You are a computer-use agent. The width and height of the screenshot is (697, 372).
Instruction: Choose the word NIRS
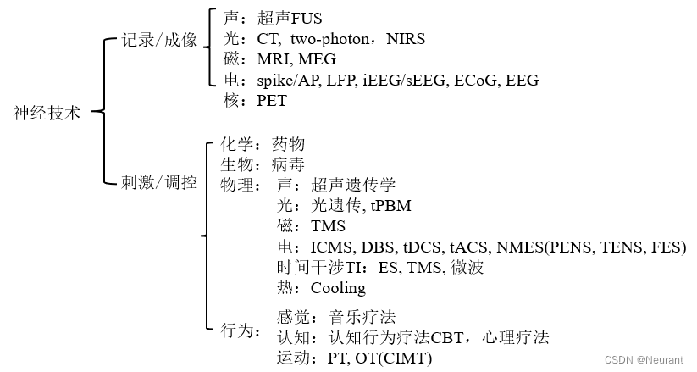pyautogui.click(x=406, y=39)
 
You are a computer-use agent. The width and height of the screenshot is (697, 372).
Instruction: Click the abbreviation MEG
pyautogui.click(x=317, y=59)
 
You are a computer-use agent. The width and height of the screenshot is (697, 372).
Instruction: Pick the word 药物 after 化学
pyautogui.click(x=288, y=144)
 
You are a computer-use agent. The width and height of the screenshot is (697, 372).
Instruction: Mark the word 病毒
pyautogui.click(x=288, y=164)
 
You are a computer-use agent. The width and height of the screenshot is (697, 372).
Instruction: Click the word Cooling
pyautogui.click(x=338, y=288)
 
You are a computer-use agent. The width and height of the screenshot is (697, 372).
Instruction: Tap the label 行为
pyautogui.click(x=237, y=330)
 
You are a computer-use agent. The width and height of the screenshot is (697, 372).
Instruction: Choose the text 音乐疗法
pyautogui.click(x=362, y=318)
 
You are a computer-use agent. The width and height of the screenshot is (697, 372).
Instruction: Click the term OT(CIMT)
pyautogui.click(x=392, y=358)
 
